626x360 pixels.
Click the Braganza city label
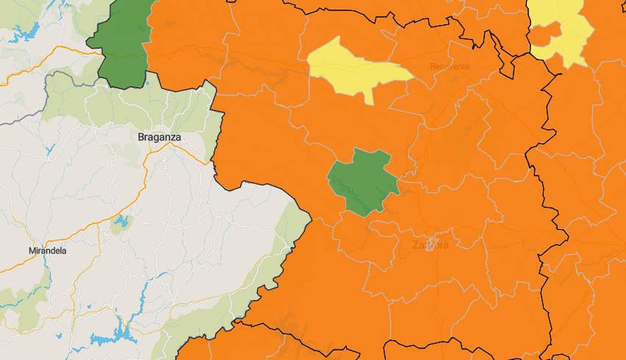point(159,137)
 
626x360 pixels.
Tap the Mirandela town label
point(47,250)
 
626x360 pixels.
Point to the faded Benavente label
point(450,66)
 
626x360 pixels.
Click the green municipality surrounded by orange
point(363,181)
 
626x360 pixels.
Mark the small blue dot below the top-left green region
point(147,83)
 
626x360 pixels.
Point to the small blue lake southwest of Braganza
point(50,149)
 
